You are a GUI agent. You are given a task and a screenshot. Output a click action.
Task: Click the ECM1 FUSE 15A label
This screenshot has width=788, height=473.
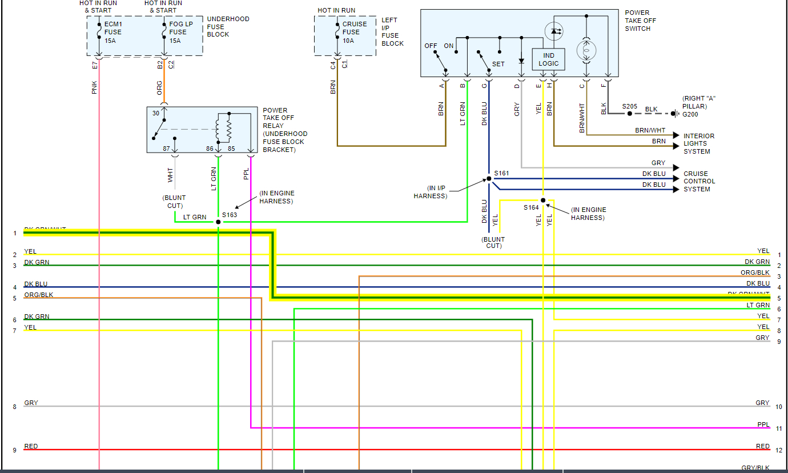click(113, 33)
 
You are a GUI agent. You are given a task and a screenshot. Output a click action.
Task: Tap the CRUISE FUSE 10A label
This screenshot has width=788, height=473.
click(355, 33)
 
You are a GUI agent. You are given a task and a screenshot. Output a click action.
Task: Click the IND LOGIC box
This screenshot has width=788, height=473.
click(549, 59)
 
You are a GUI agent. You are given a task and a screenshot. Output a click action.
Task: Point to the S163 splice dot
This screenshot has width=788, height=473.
click(218, 222)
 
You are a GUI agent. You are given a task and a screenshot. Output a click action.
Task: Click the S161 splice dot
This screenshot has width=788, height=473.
click(489, 179)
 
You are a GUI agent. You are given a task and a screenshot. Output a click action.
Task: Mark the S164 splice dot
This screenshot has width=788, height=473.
click(543, 201)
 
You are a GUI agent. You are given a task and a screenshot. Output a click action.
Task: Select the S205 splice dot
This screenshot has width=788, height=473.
click(630, 114)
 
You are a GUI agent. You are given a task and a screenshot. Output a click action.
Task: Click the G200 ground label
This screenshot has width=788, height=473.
click(690, 114)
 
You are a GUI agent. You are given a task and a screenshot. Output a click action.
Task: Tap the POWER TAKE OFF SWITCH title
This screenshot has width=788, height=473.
click(641, 21)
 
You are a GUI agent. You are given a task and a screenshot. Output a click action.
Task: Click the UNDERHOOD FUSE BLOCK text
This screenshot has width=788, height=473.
click(228, 27)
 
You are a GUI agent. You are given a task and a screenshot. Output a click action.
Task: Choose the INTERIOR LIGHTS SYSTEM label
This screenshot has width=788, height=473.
click(699, 144)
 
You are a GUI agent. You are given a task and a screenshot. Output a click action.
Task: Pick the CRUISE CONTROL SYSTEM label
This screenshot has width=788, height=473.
click(699, 182)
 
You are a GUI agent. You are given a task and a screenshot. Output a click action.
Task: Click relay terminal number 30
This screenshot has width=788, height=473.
click(156, 113)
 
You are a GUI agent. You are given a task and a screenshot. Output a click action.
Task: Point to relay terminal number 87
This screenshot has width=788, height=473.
click(167, 149)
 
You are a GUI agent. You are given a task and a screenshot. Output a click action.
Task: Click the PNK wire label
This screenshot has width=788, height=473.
click(95, 87)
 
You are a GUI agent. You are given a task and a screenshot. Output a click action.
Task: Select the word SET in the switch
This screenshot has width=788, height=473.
click(498, 64)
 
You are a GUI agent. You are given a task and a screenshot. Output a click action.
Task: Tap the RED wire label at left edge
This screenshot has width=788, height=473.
click(31, 446)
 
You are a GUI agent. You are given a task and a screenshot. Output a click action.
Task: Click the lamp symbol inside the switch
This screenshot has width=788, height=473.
click(586, 50)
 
